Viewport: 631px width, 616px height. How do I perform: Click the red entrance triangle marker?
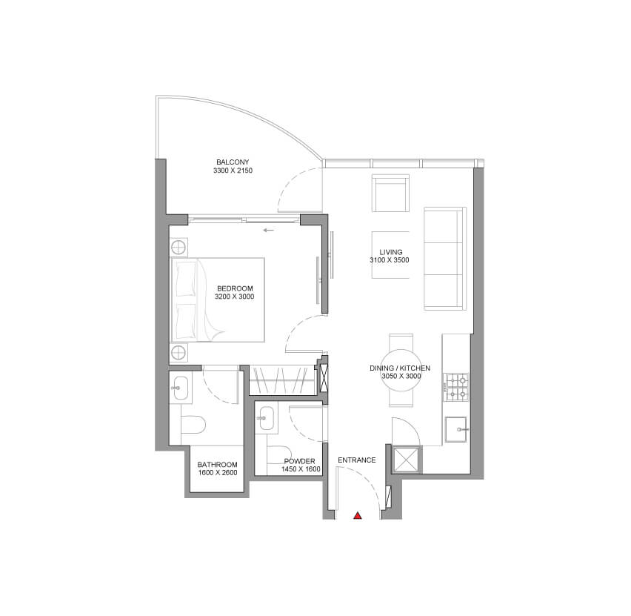(358, 516)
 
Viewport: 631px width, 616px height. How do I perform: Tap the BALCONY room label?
(233, 162)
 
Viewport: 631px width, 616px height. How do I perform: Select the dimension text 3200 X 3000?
(235, 297)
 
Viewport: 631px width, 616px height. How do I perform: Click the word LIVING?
(391, 252)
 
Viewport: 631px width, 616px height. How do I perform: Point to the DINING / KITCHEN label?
(400, 368)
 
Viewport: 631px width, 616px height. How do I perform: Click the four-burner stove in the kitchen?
(457, 387)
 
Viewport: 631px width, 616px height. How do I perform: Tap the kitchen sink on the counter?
(456, 429)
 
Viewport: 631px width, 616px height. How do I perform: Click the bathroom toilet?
(193, 424)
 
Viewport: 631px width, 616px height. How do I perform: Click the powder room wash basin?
(266, 418)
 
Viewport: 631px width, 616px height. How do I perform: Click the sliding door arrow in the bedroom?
(268, 230)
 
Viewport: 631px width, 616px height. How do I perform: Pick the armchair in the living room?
(390, 193)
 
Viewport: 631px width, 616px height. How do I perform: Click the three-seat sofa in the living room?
(445, 259)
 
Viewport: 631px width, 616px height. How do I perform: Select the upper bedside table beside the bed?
(178, 247)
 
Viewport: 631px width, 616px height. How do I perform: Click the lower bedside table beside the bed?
(178, 353)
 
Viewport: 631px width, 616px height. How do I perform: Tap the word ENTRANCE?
(356, 460)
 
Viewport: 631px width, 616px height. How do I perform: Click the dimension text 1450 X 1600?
(301, 469)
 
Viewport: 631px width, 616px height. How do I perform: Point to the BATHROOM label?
(217, 465)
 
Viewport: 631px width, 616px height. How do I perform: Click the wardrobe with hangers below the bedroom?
(282, 380)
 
